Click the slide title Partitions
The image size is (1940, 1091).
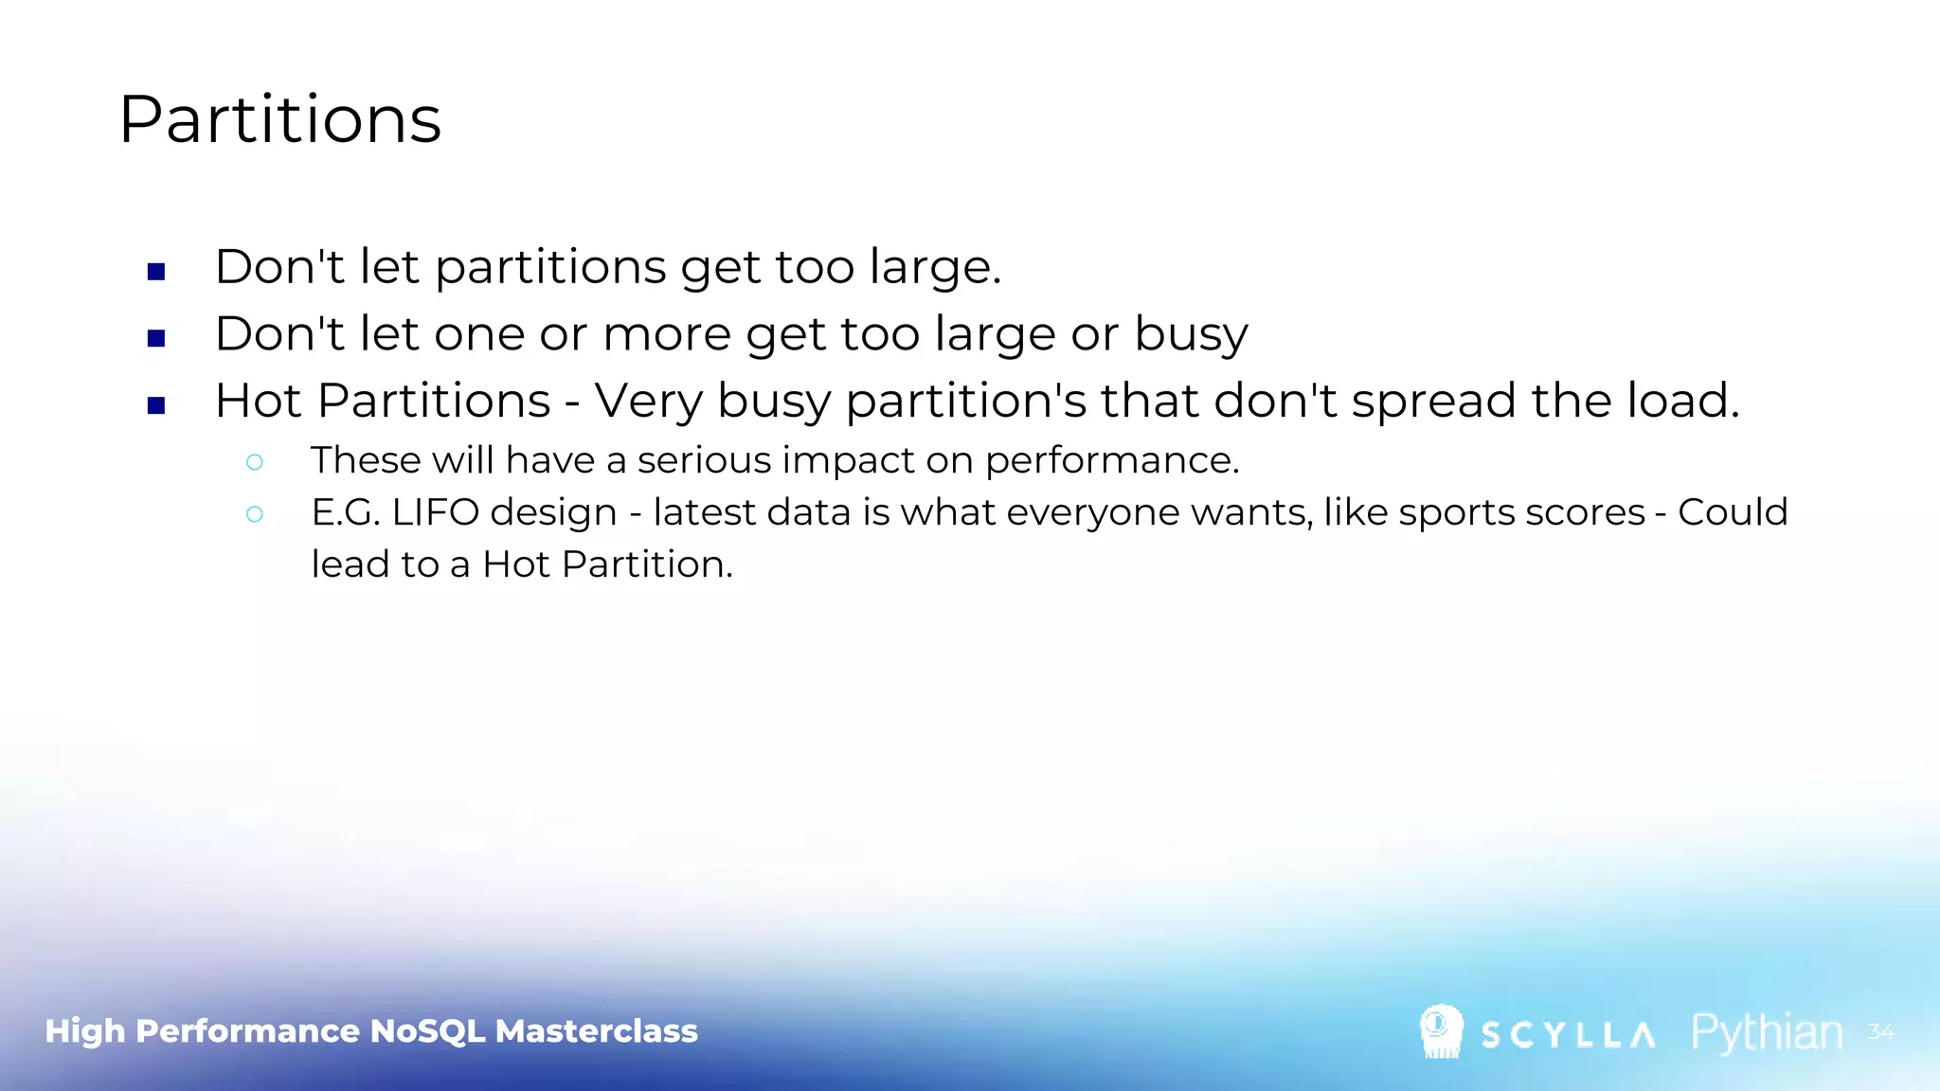280,120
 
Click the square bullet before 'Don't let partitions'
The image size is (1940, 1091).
157,273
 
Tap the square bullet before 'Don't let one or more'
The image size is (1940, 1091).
157,339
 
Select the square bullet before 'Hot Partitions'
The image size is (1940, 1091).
157,406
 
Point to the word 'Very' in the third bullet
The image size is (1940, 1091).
649,401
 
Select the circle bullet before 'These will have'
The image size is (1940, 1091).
255,462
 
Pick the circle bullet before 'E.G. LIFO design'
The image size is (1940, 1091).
255,514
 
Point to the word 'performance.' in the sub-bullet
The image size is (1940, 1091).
1112,461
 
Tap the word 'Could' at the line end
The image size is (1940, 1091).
1733,512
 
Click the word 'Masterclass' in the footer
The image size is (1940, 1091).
596,1031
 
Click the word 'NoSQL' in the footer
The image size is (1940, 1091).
427,1031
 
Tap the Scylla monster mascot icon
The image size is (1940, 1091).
1441,1031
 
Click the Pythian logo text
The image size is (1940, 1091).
1767,1033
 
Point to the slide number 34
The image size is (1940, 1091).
1880,1031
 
